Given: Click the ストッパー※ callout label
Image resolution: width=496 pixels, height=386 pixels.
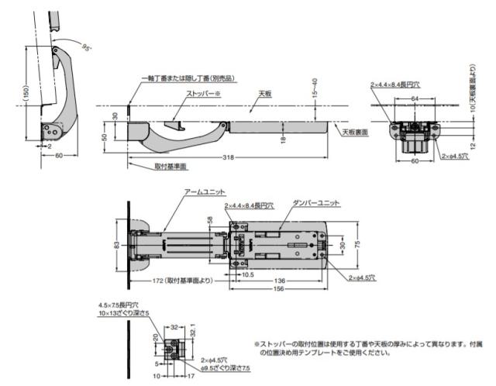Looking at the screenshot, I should (x=203, y=94).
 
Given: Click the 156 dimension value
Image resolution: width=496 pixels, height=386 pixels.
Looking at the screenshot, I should (x=277, y=291).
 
